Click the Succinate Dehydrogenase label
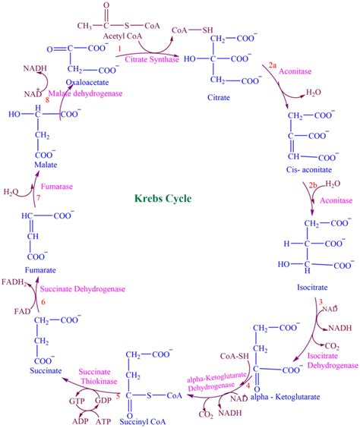pyautogui.click(x=83, y=289)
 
